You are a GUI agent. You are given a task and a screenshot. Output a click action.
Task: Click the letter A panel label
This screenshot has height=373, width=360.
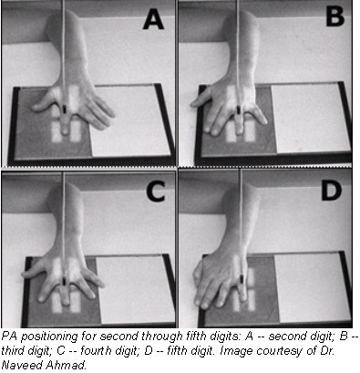(153, 19)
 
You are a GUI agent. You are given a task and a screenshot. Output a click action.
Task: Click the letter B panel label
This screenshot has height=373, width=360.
(334, 16)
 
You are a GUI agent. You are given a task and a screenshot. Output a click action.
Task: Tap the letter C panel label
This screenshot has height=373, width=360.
(156, 192)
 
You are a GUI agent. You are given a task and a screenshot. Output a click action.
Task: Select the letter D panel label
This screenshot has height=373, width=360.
(332, 191)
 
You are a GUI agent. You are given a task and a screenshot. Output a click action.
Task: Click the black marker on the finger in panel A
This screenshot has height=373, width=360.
(65, 109)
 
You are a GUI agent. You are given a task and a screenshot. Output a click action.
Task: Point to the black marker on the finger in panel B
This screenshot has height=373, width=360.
(239, 109)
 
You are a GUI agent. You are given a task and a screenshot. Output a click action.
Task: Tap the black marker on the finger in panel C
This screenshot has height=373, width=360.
(64, 281)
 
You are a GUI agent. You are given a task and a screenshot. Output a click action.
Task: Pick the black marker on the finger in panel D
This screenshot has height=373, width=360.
(242, 278)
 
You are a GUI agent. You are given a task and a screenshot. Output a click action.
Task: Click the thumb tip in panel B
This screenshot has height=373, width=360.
(193, 104)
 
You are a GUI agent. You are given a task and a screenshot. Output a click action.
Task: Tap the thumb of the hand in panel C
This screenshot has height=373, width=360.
(32, 272)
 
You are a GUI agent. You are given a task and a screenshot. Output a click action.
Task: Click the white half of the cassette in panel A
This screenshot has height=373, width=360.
(130, 121)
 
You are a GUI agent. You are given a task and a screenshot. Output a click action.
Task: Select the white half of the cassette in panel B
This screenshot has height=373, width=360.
(311, 118)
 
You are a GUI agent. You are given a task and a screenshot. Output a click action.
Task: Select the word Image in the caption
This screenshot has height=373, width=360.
(234, 351)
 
